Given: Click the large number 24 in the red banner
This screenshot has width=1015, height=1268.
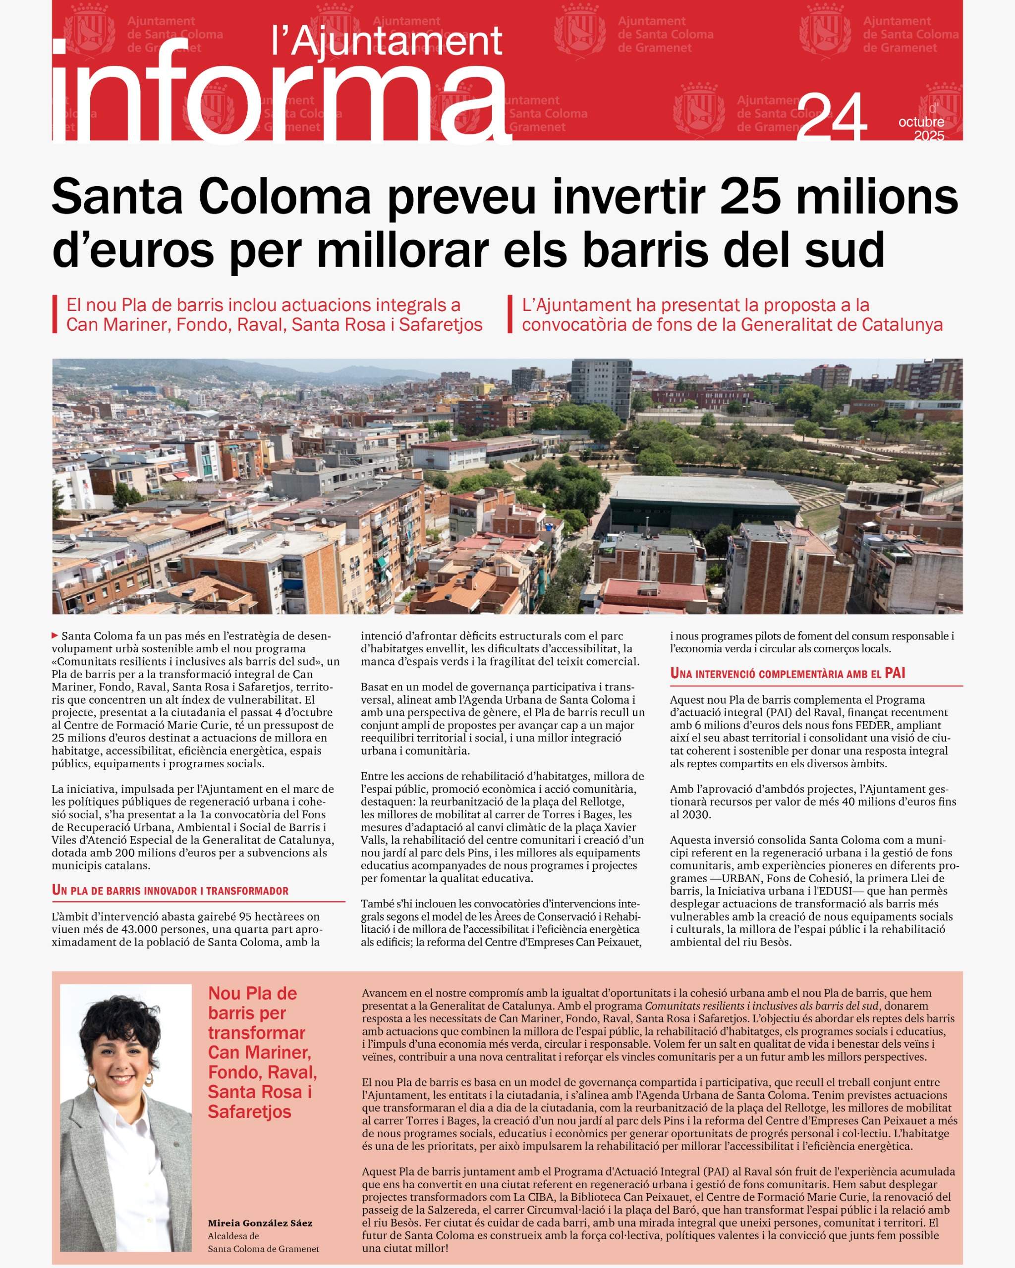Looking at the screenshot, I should [x=835, y=117].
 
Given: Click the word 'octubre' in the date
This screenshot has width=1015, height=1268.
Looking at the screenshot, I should [x=921, y=122].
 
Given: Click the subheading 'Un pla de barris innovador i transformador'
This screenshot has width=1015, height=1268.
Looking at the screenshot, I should [x=170, y=890].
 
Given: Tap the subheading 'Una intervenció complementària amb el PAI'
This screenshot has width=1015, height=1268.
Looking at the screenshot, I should [x=788, y=674].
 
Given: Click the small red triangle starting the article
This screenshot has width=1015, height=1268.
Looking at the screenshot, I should [x=56, y=635].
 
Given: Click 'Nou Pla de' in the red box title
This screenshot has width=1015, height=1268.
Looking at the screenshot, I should [x=252, y=993].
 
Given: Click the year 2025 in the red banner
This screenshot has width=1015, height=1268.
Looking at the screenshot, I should [x=929, y=136].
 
